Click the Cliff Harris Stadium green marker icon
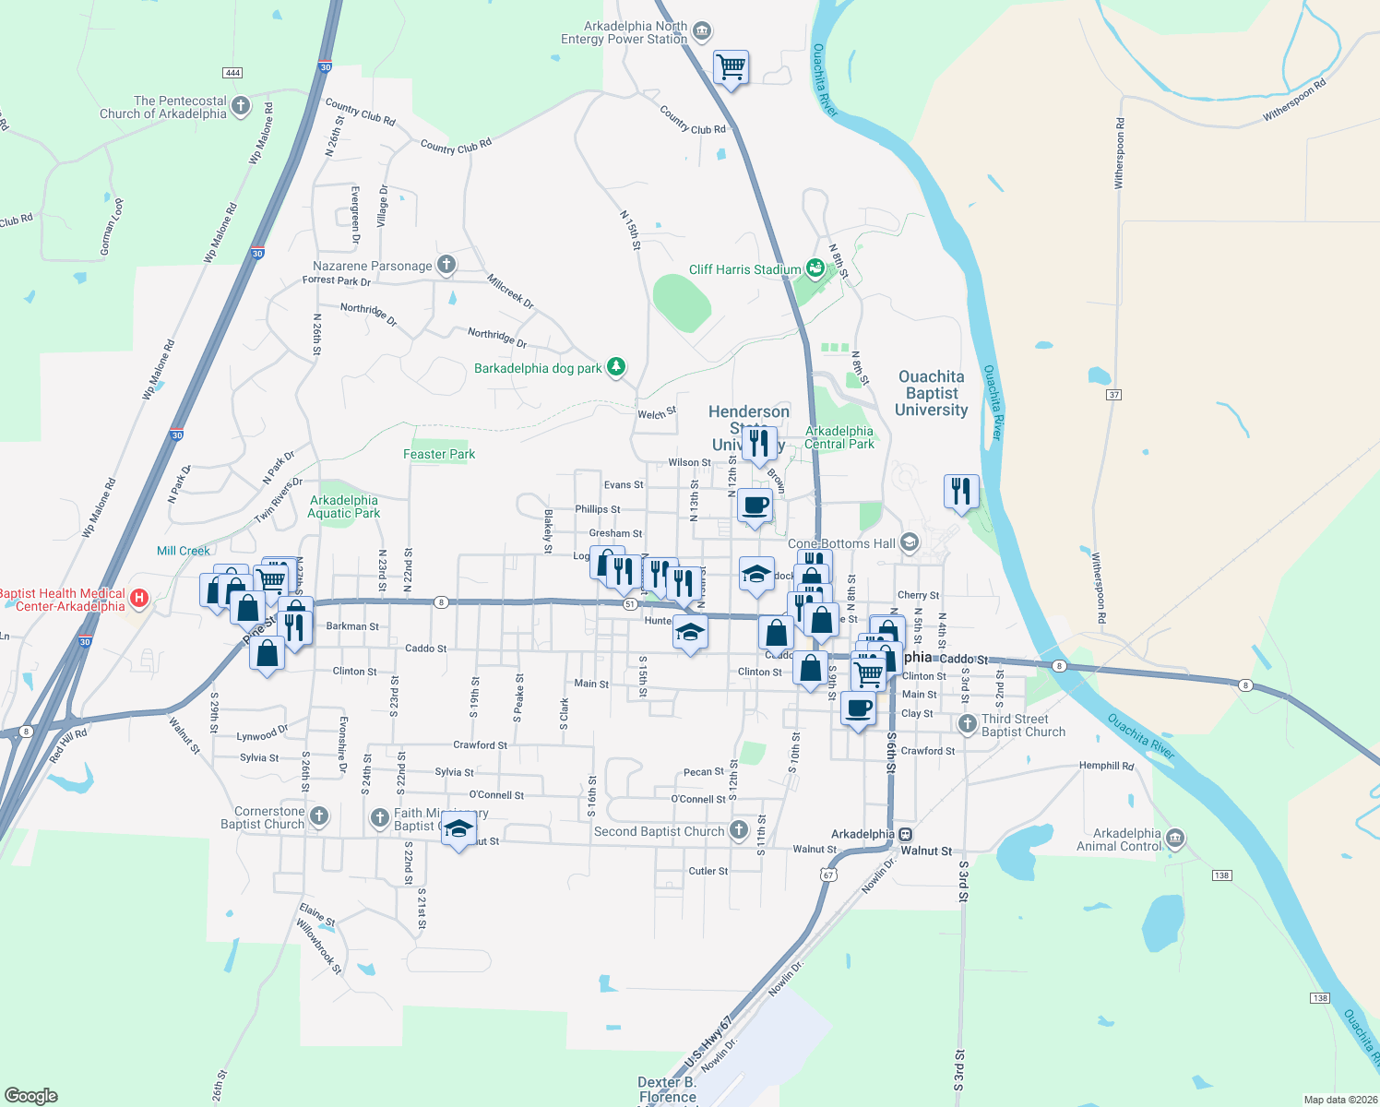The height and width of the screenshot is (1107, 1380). coord(815,268)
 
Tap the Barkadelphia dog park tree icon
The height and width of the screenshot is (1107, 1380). coord(616,367)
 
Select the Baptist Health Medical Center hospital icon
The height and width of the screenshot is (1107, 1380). coord(139,599)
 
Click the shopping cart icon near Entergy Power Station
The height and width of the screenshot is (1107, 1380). coord(731,66)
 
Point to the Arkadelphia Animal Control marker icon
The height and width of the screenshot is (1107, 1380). coord(1174,839)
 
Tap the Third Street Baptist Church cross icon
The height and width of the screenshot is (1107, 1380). coord(967,724)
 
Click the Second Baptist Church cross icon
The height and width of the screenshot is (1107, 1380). coord(738,830)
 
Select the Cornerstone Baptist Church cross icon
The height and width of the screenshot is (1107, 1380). coord(318,816)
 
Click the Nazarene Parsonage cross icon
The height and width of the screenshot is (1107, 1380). coord(446,266)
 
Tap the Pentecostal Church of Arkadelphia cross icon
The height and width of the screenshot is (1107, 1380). coord(241,106)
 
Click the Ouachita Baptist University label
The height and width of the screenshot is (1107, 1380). coord(931,393)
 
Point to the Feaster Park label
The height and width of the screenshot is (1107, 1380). coord(439,454)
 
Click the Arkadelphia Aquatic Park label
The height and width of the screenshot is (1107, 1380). coord(343,506)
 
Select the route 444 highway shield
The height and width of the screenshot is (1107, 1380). coord(232,73)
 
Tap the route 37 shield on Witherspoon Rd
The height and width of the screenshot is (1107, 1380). coord(1113,395)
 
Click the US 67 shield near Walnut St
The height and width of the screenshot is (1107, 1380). coord(828,875)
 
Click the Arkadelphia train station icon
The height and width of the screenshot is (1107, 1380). coord(905,834)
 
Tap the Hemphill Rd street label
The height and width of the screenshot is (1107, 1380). coord(1106,766)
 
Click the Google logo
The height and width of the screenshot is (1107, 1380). coord(30,1095)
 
